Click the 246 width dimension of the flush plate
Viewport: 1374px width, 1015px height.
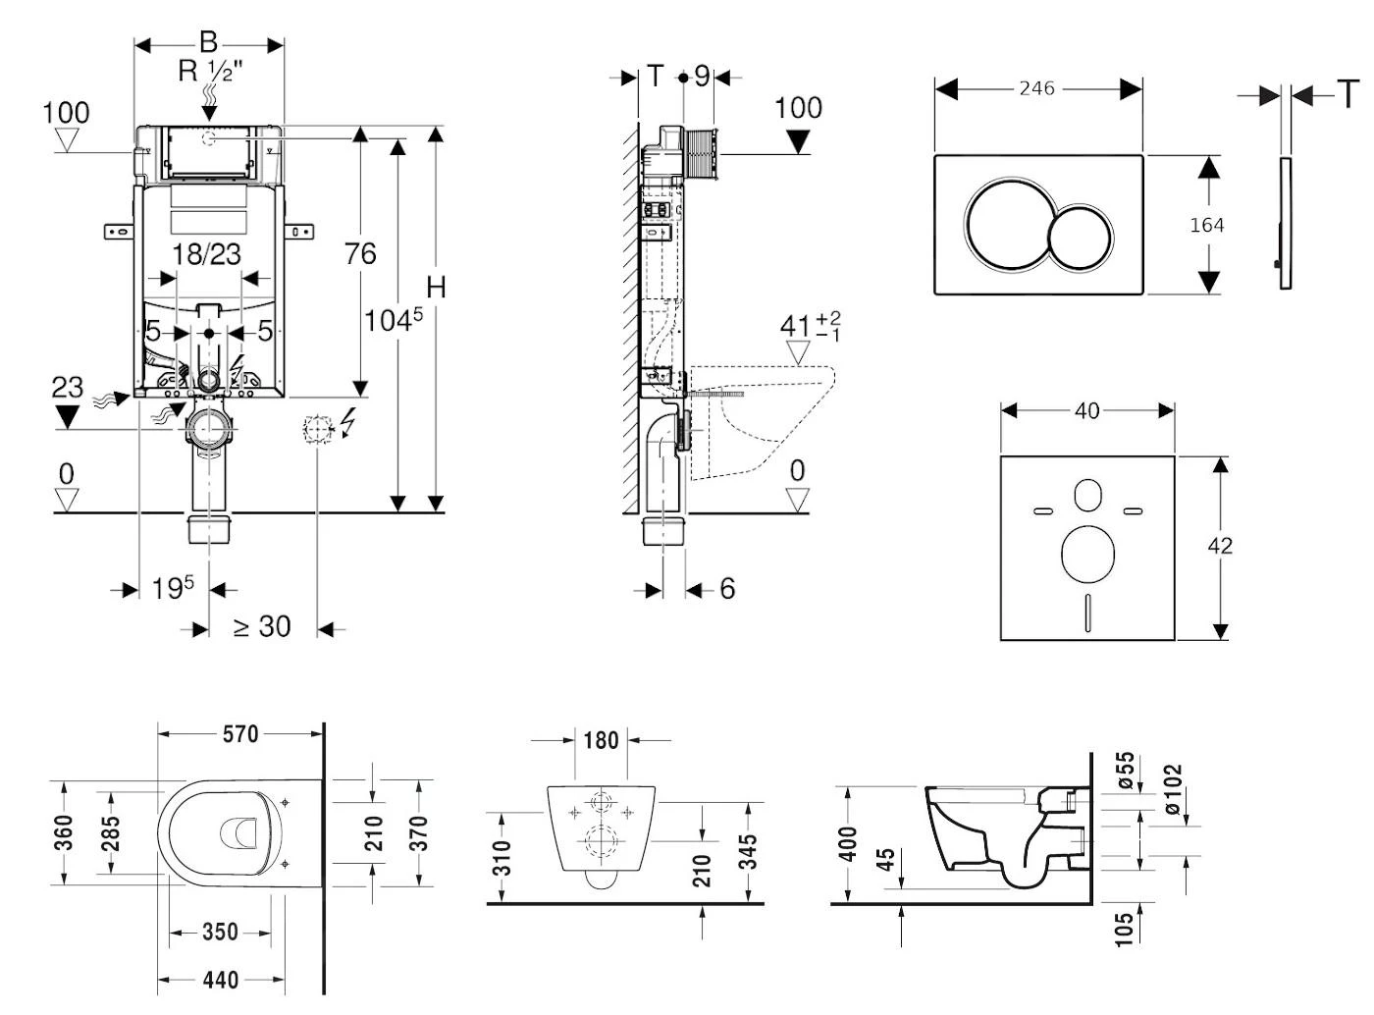(1036, 89)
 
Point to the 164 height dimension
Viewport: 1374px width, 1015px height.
(1206, 225)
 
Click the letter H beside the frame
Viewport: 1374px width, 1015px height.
(436, 288)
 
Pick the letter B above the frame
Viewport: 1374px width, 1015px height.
(208, 42)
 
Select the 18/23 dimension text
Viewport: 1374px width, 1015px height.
(206, 254)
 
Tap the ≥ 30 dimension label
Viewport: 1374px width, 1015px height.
(262, 626)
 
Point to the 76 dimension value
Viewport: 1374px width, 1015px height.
(360, 254)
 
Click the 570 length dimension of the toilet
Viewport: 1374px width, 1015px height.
(240, 733)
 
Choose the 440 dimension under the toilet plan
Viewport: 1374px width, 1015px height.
(221, 979)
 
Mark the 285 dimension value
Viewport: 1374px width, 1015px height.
(110, 834)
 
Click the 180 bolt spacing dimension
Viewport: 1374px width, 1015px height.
(601, 740)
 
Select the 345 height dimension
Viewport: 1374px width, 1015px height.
(748, 854)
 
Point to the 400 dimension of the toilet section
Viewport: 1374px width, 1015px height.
(848, 842)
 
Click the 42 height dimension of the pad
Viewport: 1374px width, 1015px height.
(1220, 546)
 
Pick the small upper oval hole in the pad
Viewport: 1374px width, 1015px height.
(1087, 497)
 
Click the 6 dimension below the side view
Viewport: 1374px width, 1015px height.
(727, 588)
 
